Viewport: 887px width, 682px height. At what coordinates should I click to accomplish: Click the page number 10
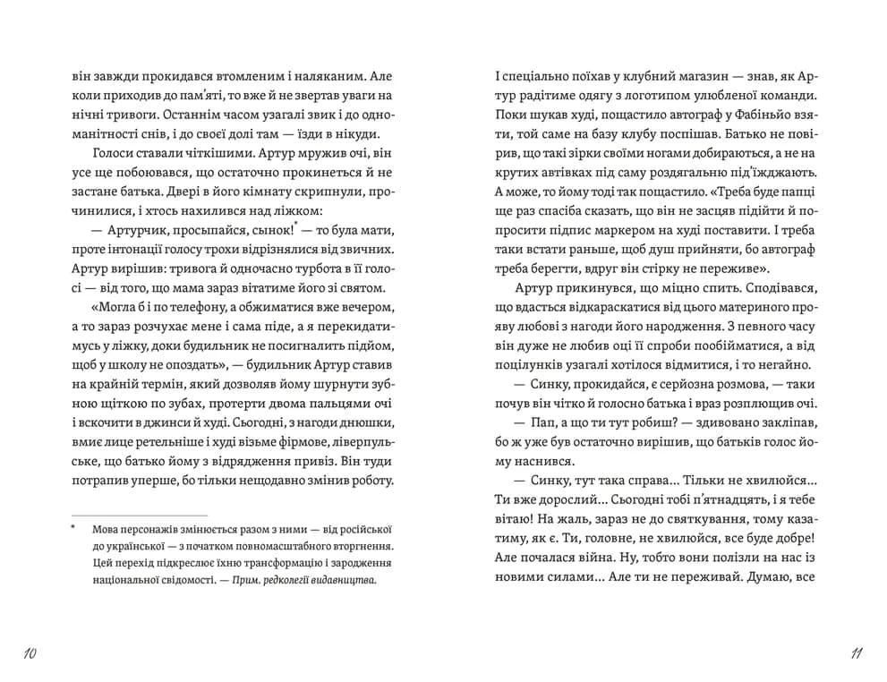click(x=28, y=654)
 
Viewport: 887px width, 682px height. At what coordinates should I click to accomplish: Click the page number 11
click(x=856, y=654)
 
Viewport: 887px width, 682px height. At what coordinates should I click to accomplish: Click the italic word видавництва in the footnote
click(x=345, y=579)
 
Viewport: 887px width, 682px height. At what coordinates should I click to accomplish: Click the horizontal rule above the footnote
click(x=139, y=515)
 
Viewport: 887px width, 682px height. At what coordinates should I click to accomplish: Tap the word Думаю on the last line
click(x=770, y=577)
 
